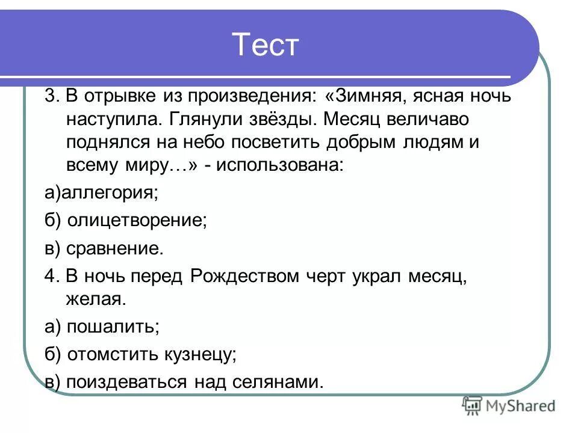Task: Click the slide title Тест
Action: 265,46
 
